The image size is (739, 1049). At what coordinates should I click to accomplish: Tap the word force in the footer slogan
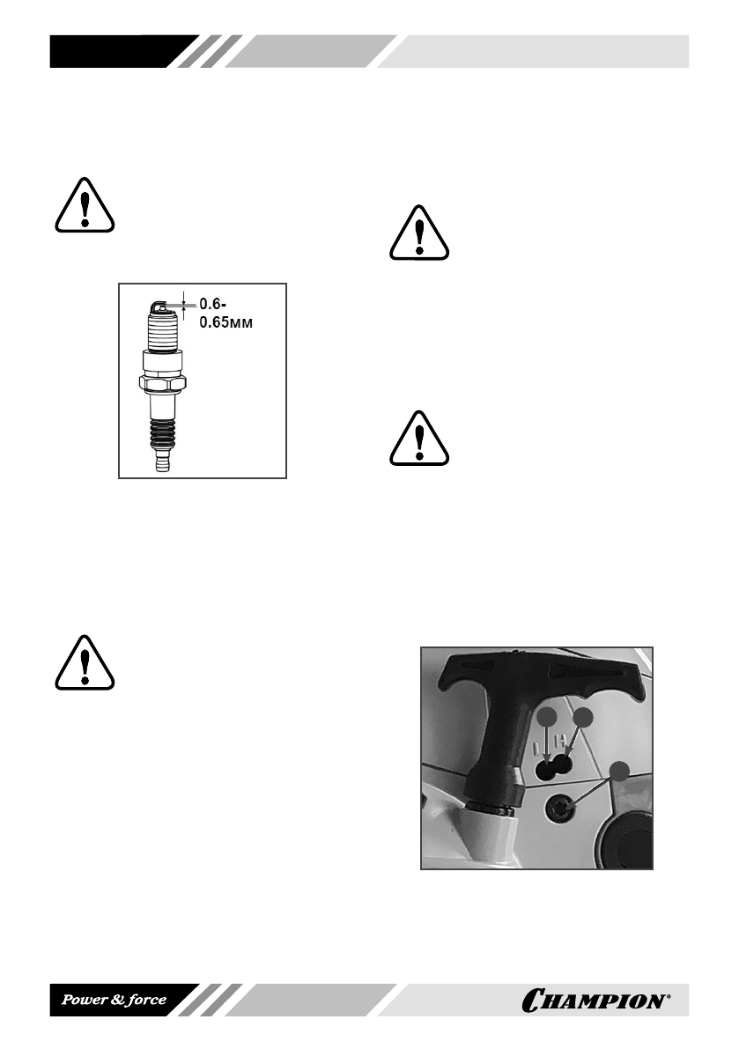pyautogui.click(x=142, y=1001)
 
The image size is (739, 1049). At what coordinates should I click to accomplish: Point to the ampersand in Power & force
pyautogui.click(x=113, y=1001)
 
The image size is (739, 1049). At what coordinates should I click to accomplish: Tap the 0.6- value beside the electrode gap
pyautogui.click(x=212, y=304)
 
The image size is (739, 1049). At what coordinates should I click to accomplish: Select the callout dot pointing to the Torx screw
pyautogui.click(x=620, y=772)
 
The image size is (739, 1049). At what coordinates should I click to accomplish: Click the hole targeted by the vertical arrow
pyautogui.click(x=547, y=772)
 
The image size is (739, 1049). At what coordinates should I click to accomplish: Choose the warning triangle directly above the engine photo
pyautogui.click(x=419, y=436)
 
